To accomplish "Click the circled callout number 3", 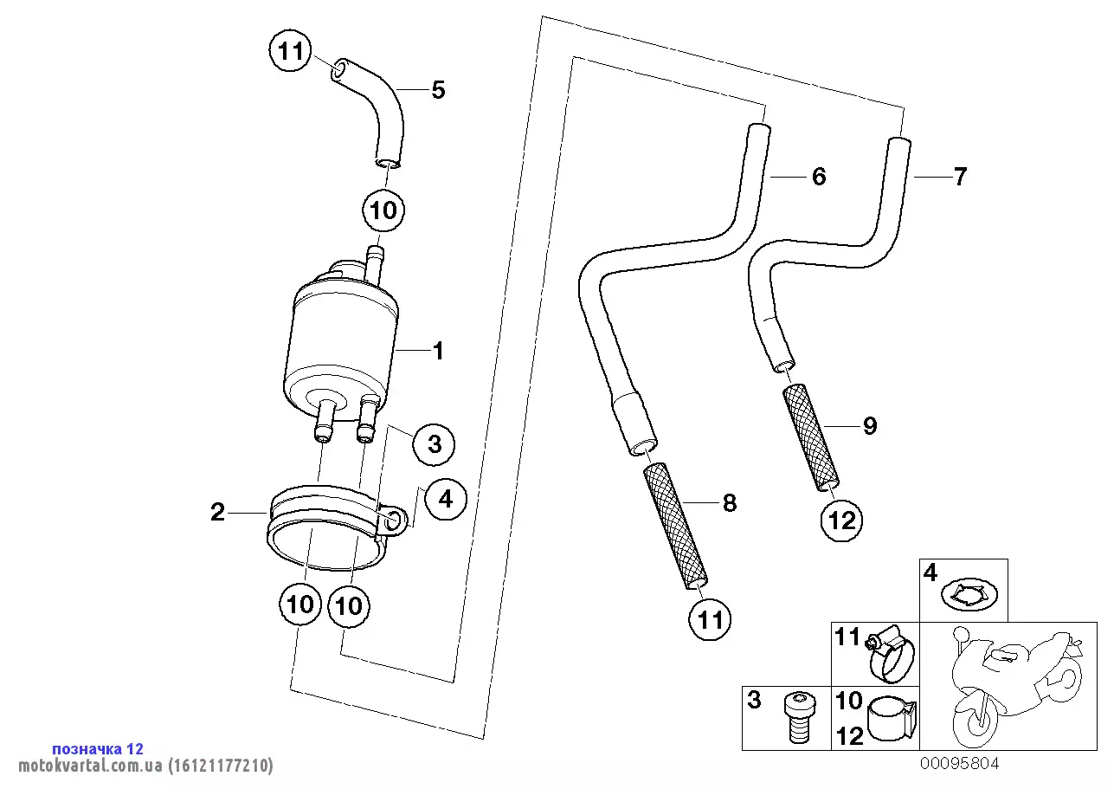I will [x=434, y=444].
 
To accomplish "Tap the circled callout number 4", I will [x=445, y=500].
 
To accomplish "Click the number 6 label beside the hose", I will [x=818, y=178].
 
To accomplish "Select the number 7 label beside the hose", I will [x=959, y=178].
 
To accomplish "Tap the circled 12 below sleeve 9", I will [x=842, y=521].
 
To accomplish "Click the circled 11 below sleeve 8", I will [x=710, y=620].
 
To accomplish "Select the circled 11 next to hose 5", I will [x=291, y=52].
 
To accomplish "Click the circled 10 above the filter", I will [x=383, y=210].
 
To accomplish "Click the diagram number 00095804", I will [x=959, y=763].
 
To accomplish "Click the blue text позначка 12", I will [x=98, y=748].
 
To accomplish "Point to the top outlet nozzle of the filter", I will [x=376, y=259].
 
